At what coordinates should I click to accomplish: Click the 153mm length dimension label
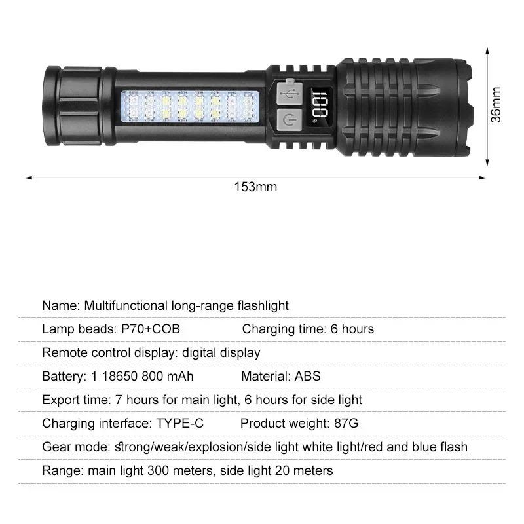tap(255, 187)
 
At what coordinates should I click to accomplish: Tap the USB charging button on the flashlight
tap(288, 92)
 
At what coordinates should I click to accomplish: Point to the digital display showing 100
tap(322, 105)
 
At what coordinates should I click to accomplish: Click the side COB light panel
tap(190, 106)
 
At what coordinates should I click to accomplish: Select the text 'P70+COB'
tap(150, 329)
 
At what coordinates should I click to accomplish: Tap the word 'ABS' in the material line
tap(308, 376)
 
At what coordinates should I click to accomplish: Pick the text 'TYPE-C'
tap(179, 423)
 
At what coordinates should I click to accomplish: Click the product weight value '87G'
tap(346, 423)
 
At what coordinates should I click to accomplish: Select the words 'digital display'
tap(221, 352)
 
